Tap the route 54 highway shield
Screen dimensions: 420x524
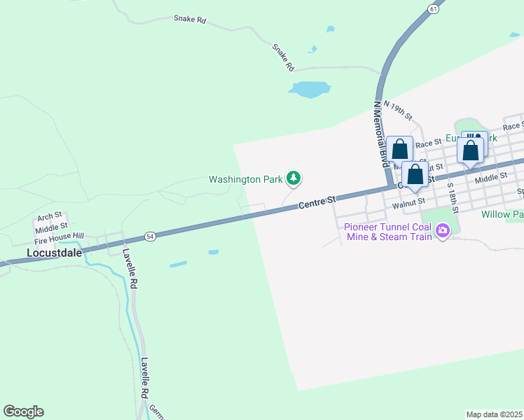point(149,236)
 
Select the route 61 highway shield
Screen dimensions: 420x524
point(434,8)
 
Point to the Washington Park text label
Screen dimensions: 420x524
point(245,179)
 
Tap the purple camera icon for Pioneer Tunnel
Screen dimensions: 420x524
point(442,230)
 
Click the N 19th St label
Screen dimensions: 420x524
point(398,110)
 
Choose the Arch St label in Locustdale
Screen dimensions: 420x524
point(50,216)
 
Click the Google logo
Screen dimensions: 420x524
point(23,412)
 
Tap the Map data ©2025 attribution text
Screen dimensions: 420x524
point(494,414)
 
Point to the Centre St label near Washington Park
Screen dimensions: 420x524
point(317,203)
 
